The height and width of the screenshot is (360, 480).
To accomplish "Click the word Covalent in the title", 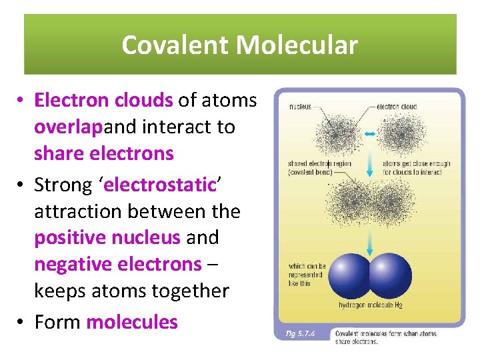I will [x=175, y=45].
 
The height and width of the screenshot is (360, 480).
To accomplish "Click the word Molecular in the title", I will [x=297, y=45].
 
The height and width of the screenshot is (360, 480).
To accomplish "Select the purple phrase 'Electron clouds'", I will [x=103, y=100].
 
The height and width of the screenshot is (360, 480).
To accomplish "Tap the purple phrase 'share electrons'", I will [x=103, y=153].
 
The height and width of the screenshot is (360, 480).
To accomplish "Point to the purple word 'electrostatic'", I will [x=160, y=185].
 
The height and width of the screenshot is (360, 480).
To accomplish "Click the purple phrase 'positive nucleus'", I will [x=107, y=237].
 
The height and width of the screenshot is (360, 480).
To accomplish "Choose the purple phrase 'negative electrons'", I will [x=117, y=264].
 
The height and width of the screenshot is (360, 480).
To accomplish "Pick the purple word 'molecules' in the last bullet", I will [x=132, y=322].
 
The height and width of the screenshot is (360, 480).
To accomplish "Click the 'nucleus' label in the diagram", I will [x=299, y=107].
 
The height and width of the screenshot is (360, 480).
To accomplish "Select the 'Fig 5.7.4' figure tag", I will [x=303, y=333].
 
